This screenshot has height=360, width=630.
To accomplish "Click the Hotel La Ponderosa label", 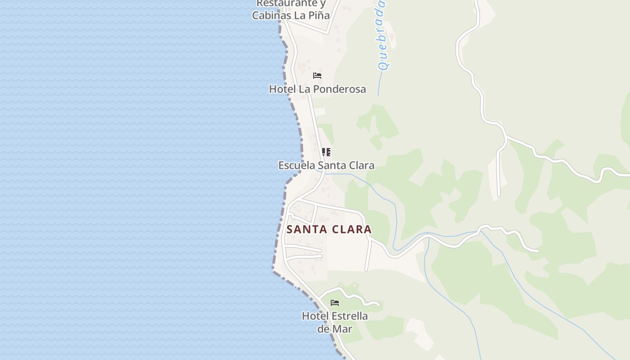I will tap(317, 89).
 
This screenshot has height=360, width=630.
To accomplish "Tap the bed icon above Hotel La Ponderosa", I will tap(317, 76).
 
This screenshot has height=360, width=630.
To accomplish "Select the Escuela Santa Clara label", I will tap(326, 165).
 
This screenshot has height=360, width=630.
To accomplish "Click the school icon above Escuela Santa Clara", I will tap(326, 152).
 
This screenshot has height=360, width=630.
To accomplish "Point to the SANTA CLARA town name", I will tap(329, 229).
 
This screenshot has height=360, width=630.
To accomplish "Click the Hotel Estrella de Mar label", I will tap(335, 322).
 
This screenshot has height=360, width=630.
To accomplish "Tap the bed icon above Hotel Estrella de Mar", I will tap(335, 303).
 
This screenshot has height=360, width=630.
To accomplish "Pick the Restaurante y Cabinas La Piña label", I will tap(291, 9).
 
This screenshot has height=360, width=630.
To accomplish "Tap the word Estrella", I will tap(350, 316).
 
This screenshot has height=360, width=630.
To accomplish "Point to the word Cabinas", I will tap(271, 15).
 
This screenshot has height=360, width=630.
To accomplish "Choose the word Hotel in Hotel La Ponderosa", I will tap(283, 89).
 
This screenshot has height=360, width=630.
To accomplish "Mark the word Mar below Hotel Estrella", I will tap(343, 329).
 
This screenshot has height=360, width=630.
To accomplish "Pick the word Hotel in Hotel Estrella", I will tap(315, 316).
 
